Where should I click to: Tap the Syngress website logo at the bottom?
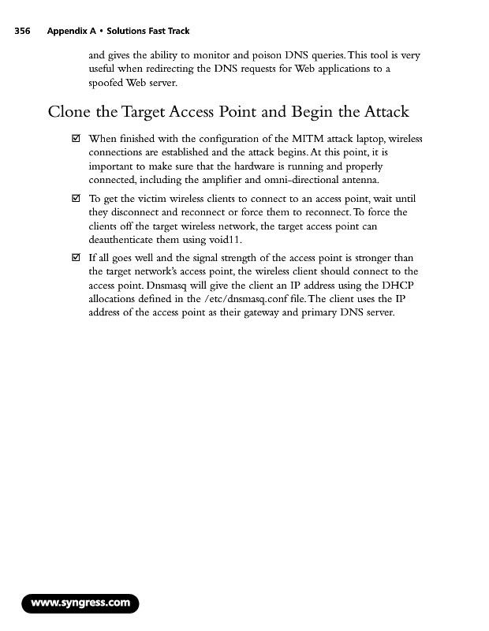pyautogui.click(x=80, y=603)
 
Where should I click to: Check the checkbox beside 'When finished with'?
pyautogui.click(x=76, y=140)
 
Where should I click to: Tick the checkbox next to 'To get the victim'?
pyautogui.click(x=76, y=199)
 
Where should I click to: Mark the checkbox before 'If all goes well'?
pyautogui.click(x=76, y=258)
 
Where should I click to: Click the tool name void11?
pyautogui.click(x=222, y=239)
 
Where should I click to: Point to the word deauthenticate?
pyautogui.click(x=124, y=239)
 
